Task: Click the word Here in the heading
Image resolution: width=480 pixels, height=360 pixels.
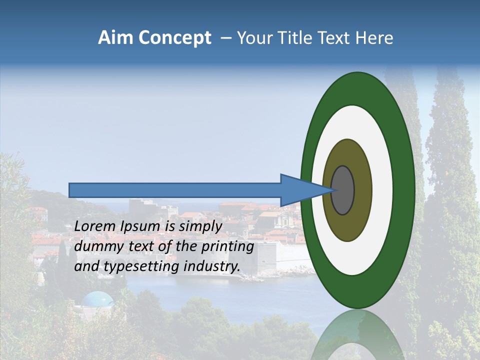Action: pos(374,38)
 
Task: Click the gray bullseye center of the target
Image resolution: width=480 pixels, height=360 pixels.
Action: pos(343,190)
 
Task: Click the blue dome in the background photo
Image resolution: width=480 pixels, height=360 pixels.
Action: pos(97,299)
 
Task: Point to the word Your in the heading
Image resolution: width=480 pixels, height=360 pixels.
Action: pos(253,38)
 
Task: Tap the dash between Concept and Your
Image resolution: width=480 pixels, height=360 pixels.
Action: pos(225,38)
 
